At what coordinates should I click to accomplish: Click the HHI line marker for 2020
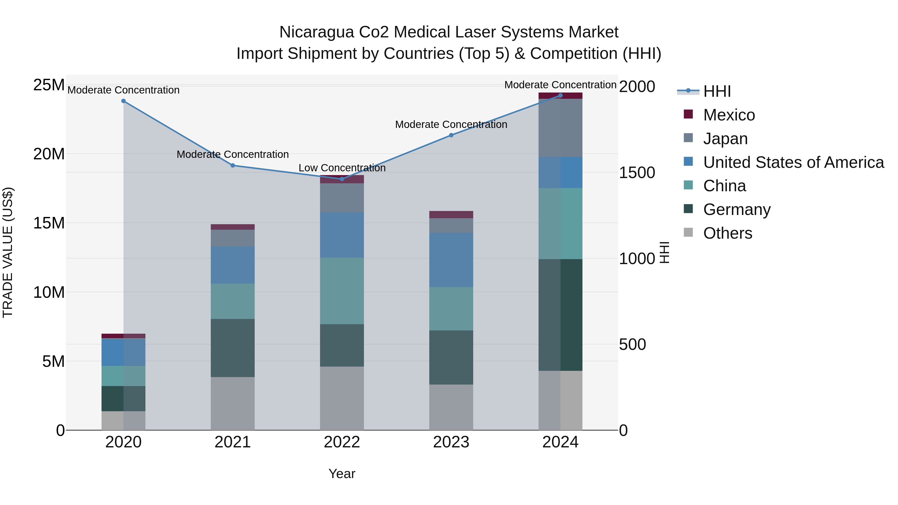coord(123,101)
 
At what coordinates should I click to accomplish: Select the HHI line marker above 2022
coord(342,179)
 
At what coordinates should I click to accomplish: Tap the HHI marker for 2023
coord(451,135)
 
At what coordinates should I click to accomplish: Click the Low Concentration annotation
coord(342,168)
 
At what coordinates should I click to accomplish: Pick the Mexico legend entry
coord(729,115)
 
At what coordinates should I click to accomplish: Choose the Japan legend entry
coord(725,139)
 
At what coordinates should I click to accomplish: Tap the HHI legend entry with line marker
coord(717,91)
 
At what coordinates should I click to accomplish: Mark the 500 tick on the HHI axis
coord(632,344)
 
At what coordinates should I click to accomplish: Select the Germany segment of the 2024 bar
coord(560,315)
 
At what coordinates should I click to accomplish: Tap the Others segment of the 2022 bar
coord(342,398)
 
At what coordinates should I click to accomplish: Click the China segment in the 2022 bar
coord(342,291)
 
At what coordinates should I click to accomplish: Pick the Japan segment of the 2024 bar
coord(560,128)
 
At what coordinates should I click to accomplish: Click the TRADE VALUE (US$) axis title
coord(8,252)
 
